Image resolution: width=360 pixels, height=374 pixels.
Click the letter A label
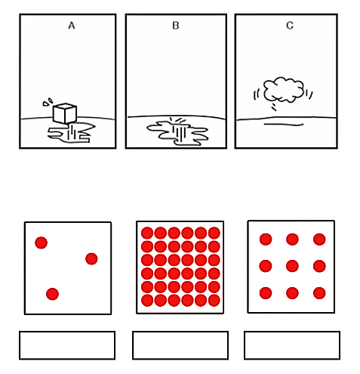[x=72, y=26]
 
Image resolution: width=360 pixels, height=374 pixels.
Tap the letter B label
[x=176, y=26]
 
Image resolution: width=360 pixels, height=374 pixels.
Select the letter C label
[x=290, y=26]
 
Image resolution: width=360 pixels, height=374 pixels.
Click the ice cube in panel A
[x=65, y=113]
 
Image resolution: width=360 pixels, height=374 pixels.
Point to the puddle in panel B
[x=177, y=133]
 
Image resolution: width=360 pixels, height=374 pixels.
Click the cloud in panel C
[x=284, y=89]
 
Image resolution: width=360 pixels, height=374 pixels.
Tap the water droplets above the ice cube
[x=48, y=102]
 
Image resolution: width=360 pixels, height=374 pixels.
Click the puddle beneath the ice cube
[x=72, y=133]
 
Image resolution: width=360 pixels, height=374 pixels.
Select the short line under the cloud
[x=284, y=124]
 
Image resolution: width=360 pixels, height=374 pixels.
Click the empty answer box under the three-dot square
[x=67, y=345]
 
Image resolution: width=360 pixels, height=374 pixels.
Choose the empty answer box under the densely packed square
[x=180, y=345]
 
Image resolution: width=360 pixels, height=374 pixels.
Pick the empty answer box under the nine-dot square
[x=292, y=345]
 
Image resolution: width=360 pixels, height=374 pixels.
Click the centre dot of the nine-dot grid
[x=292, y=266]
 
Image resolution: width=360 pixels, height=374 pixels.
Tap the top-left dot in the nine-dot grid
[x=266, y=239]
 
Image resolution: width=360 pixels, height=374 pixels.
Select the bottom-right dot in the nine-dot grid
[x=319, y=293]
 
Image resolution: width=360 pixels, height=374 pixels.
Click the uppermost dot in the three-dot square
[x=42, y=243]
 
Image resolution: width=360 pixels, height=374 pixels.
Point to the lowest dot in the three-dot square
[x=52, y=294]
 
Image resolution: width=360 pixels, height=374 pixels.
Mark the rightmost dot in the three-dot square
[x=91, y=258]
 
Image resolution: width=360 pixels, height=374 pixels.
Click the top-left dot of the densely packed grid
[x=147, y=233]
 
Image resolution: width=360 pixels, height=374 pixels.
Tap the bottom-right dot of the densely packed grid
[x=214, y=300]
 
